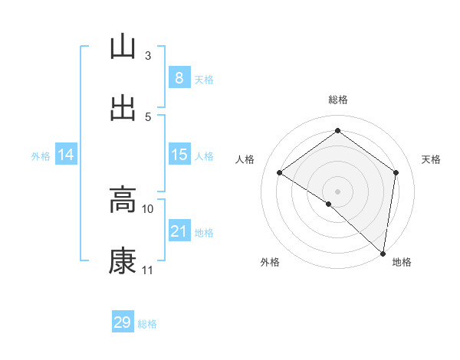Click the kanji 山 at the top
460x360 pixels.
123,47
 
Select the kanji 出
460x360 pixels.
123,108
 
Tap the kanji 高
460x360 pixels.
123,201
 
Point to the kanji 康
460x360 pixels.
123,262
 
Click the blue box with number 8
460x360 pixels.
179,78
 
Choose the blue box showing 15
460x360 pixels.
179,155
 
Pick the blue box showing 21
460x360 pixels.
179,231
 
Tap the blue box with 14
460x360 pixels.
66,155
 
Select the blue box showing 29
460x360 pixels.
123,322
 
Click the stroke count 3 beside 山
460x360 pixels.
148,55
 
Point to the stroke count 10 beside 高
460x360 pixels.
148,208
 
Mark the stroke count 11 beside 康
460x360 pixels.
148,270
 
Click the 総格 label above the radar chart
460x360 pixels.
337,100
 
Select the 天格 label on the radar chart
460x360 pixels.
431,159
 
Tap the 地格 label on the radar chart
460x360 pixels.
402,262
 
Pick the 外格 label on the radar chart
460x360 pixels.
270,262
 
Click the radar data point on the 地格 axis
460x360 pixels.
383,252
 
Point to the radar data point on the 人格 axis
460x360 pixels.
280,172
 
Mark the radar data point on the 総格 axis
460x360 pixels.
337,131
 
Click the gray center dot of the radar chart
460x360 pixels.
337,191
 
